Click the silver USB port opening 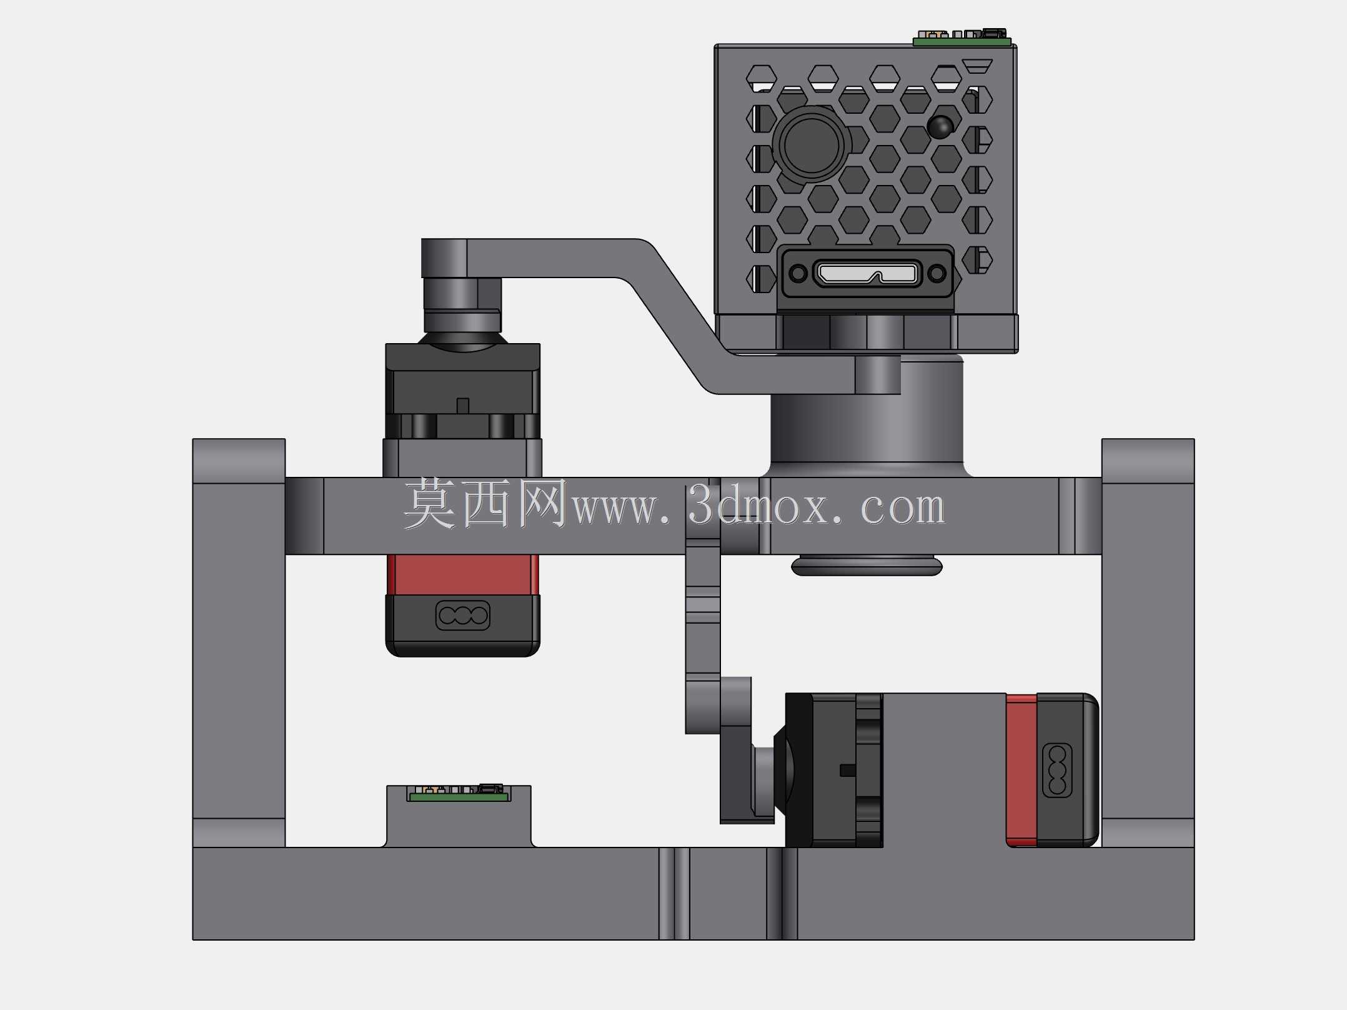click(868, 273)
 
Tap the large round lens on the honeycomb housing click(812, 144)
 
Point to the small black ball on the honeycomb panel click(940, 126)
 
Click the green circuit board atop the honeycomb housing click(962, 42)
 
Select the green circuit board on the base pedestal click(459, 797)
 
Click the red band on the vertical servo click(462, 574)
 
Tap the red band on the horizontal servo click(1021, 770)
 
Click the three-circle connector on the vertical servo click(462, 616)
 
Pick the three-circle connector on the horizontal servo click(1057, 770)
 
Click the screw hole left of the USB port click(798, 273)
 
